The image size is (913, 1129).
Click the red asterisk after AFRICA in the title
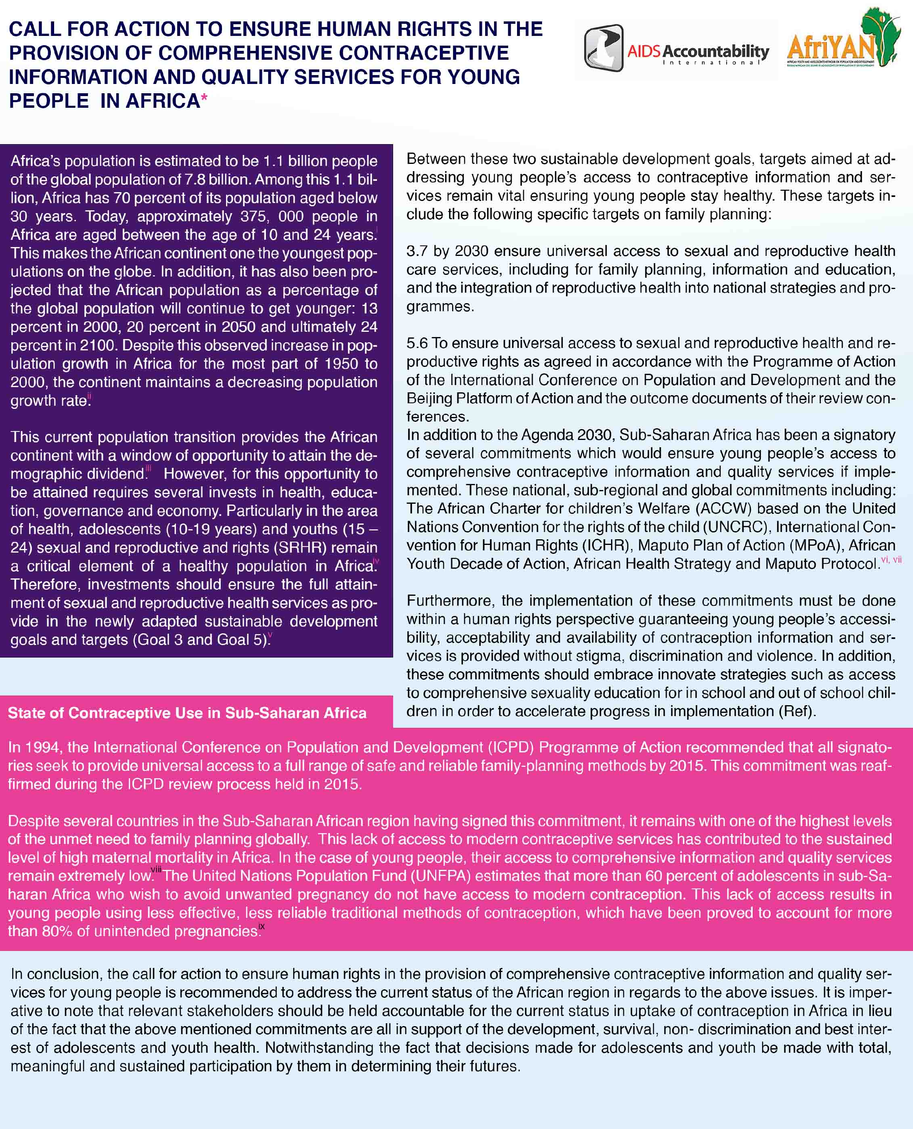coord(204,98)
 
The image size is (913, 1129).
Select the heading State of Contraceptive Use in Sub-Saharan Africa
coord(187,713)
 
